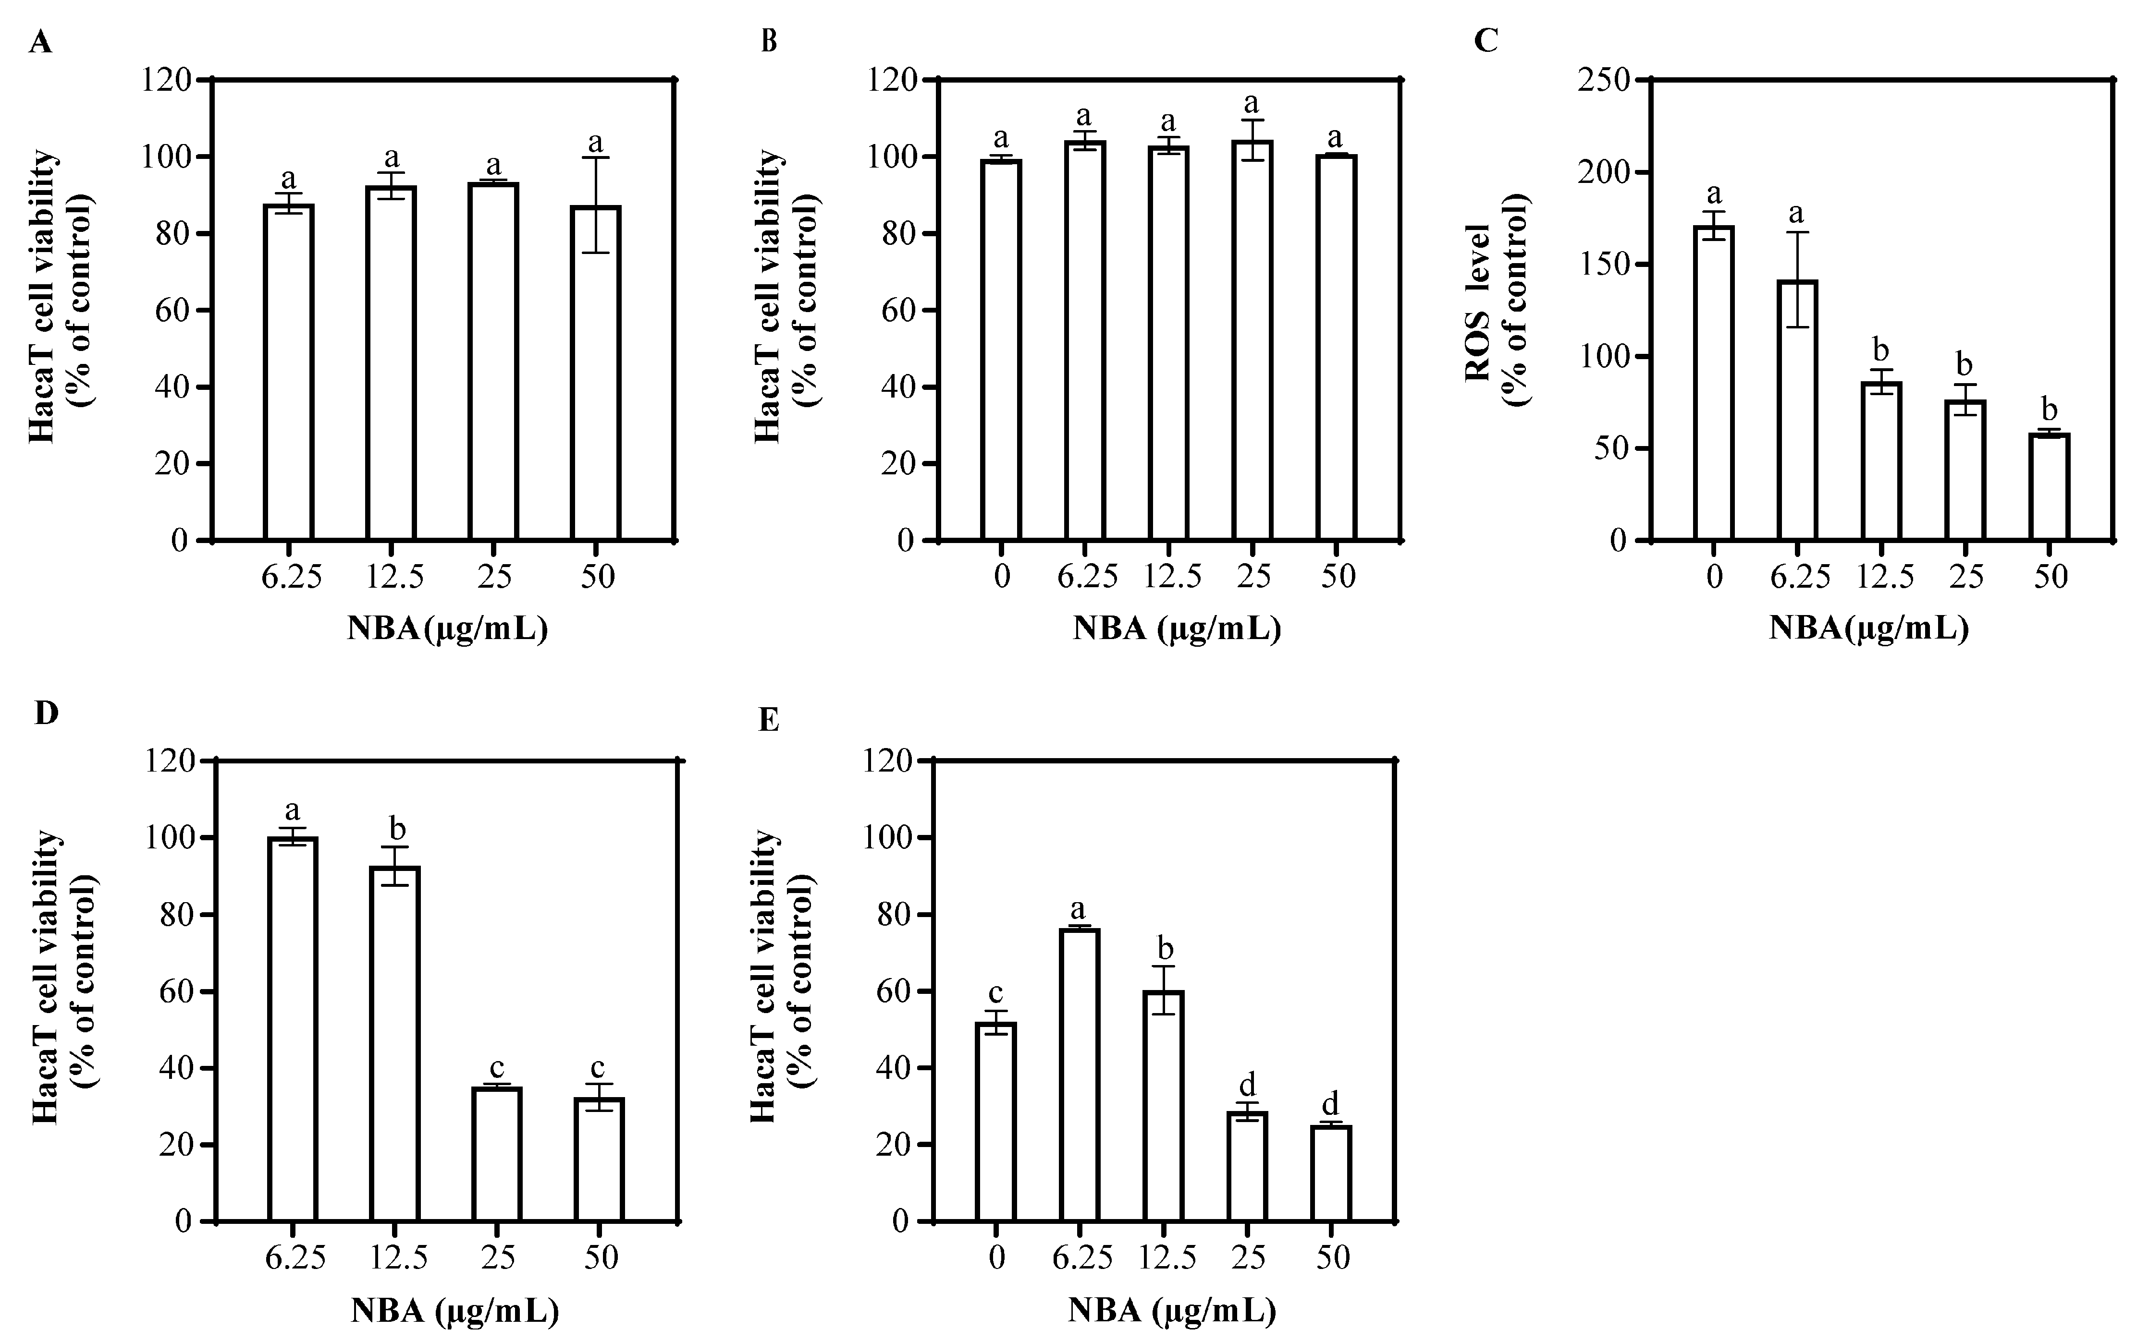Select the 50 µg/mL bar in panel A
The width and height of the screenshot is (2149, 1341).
595,373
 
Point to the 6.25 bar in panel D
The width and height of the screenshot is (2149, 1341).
292,1029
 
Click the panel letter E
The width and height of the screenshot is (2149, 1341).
768,720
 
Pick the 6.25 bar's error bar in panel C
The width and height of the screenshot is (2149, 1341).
1797,279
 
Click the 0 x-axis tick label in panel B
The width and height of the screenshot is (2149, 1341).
1002,577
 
